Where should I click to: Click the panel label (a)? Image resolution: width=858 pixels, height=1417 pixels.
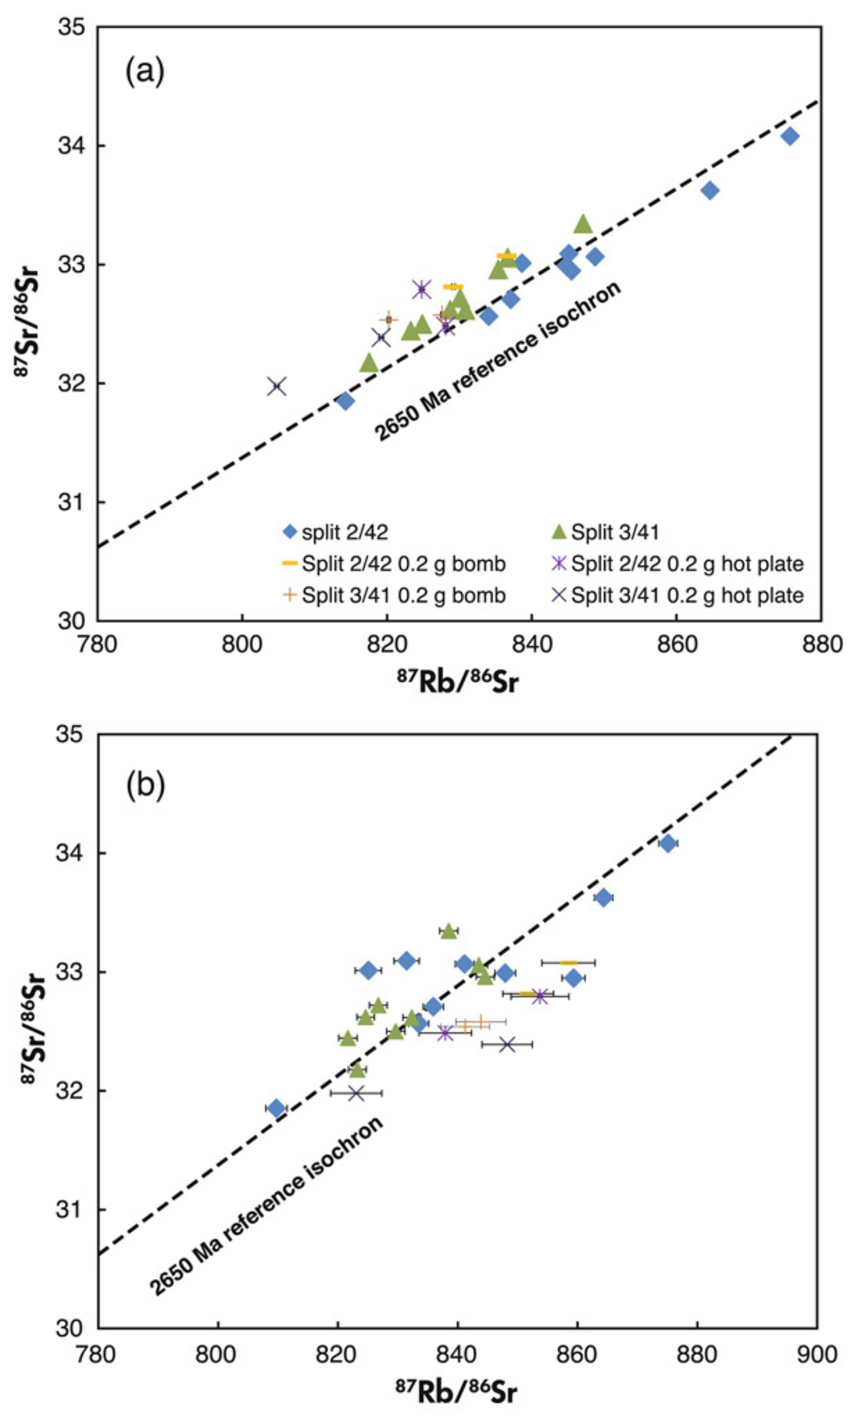[x=145, y=73]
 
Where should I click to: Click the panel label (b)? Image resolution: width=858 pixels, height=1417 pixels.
[x=145, y=784]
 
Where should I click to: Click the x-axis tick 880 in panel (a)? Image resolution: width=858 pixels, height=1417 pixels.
[x=820, y=643]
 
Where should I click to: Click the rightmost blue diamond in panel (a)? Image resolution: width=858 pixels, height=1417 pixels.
[x=790, y=136]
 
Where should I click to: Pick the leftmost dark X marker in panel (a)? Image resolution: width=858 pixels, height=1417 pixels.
[x=277, y=386]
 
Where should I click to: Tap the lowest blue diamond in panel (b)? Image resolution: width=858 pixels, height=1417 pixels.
[x=277, y=1108]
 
